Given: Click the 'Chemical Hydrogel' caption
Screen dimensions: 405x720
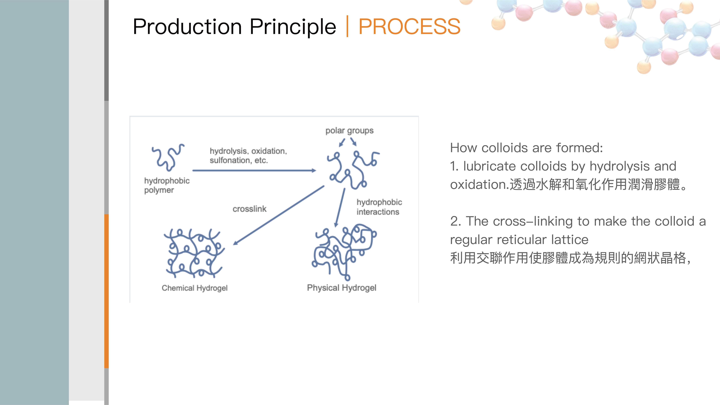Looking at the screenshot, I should click(195, 288).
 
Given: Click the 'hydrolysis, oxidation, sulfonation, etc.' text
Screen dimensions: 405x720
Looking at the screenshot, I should click(248, 155).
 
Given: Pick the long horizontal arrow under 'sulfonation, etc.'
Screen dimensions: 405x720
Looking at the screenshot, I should click(254, 170).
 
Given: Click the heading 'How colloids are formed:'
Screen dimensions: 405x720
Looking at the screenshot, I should click(526, 148).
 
